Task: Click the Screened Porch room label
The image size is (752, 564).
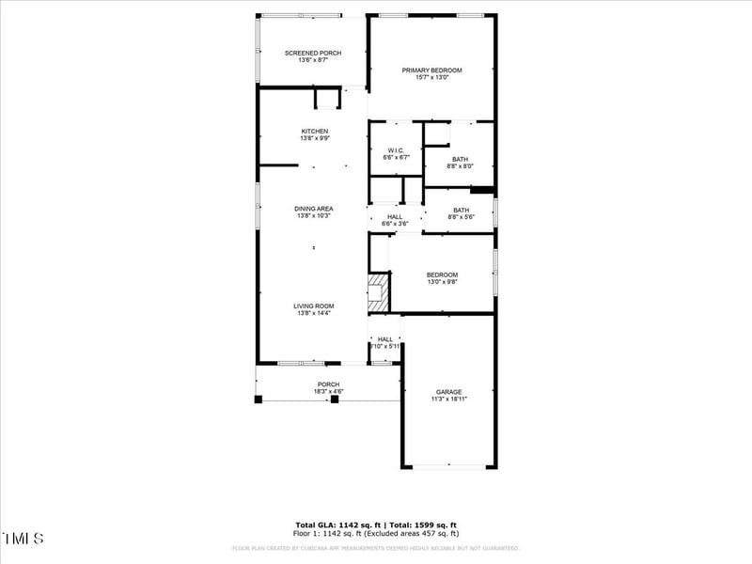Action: point(313,53)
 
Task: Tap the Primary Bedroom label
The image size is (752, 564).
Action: point(432,70)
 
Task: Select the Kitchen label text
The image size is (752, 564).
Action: point(314,131)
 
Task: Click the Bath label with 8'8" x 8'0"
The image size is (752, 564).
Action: point(460,159)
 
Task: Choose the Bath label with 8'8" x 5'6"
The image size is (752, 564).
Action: point(461,211)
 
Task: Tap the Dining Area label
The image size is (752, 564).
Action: point(314,209)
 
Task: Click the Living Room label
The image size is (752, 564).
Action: point(314,305)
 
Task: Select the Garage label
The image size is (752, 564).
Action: point(448,392)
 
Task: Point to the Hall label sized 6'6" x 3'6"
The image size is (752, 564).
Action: point(395,217)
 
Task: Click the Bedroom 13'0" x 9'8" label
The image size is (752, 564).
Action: point(442,274)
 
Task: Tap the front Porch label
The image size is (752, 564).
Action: point(328,384)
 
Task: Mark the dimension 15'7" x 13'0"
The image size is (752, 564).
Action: point(432,78)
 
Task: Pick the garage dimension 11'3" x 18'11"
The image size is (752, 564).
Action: point(448,399)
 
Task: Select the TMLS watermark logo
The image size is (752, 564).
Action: point(23,539)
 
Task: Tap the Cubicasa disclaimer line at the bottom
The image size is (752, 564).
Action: point(375,548)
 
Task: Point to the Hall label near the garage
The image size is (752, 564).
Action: point(384,339)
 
